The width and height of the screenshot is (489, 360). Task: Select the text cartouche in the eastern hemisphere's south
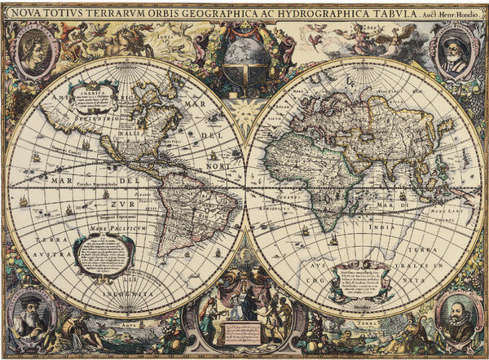(358, 279)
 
